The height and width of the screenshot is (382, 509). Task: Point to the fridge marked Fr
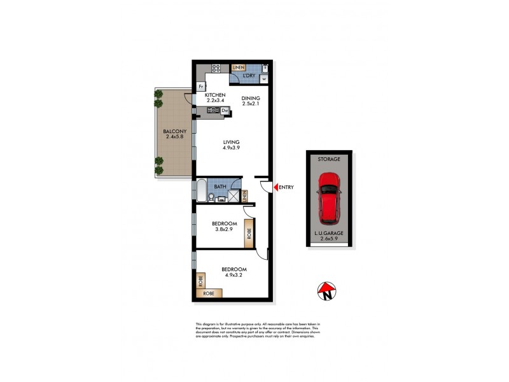point(201,86)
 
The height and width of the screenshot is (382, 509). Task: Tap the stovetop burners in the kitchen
point(216,69)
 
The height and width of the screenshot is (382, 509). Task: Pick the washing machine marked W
point(264,79)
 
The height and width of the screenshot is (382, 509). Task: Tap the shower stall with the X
point(235,196)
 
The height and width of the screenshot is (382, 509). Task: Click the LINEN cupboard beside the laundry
point(239,67)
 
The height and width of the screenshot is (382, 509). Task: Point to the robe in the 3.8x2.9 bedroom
point(249,233)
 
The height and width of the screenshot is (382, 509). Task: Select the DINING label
point(251,98)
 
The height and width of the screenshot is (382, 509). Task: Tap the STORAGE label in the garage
point(329,159)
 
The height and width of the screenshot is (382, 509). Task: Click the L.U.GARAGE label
point(329,234)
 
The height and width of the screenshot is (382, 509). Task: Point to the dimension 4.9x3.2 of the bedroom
point(234,276)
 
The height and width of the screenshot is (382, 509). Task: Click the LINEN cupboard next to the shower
point(244,196)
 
